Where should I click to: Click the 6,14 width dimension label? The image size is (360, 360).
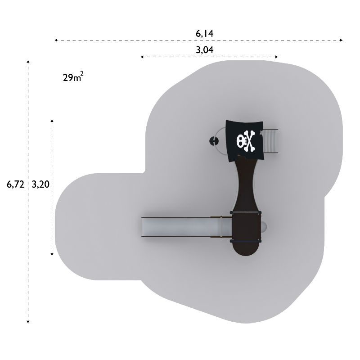[x=204, y=34]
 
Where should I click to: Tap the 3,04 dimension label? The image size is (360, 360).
[x=204, y=50]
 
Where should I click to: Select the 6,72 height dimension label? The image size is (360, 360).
[x=15, y=184]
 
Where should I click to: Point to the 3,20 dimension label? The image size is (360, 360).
[x=40, y=184]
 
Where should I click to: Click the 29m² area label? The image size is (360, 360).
[x=73, y=76]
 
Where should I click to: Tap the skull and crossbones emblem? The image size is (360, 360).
[x=246, y=141]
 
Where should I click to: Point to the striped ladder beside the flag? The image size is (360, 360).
[x=270, y=141]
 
